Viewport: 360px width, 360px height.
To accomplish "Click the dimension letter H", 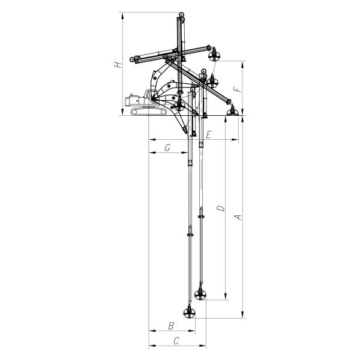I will tap(120, 63).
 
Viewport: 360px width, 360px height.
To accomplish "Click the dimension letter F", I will tap(238, 88).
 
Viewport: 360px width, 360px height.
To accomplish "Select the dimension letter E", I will tap(208, 134).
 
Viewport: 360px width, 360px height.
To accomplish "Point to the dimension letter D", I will tap(220, 208).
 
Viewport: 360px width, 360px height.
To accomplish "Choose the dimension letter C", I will tap(176, 341).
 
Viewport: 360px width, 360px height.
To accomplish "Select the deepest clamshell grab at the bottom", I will tap(190, 313).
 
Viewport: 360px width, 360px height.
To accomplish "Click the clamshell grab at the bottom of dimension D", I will tap(201, 293).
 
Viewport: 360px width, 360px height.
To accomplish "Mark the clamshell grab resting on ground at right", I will tap(230, 110).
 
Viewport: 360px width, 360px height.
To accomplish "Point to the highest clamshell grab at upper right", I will tap(214, 56).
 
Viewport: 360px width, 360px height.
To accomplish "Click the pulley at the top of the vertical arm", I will tap(180, 15).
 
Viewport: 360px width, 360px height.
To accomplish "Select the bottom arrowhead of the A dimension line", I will tap(242, 315).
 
